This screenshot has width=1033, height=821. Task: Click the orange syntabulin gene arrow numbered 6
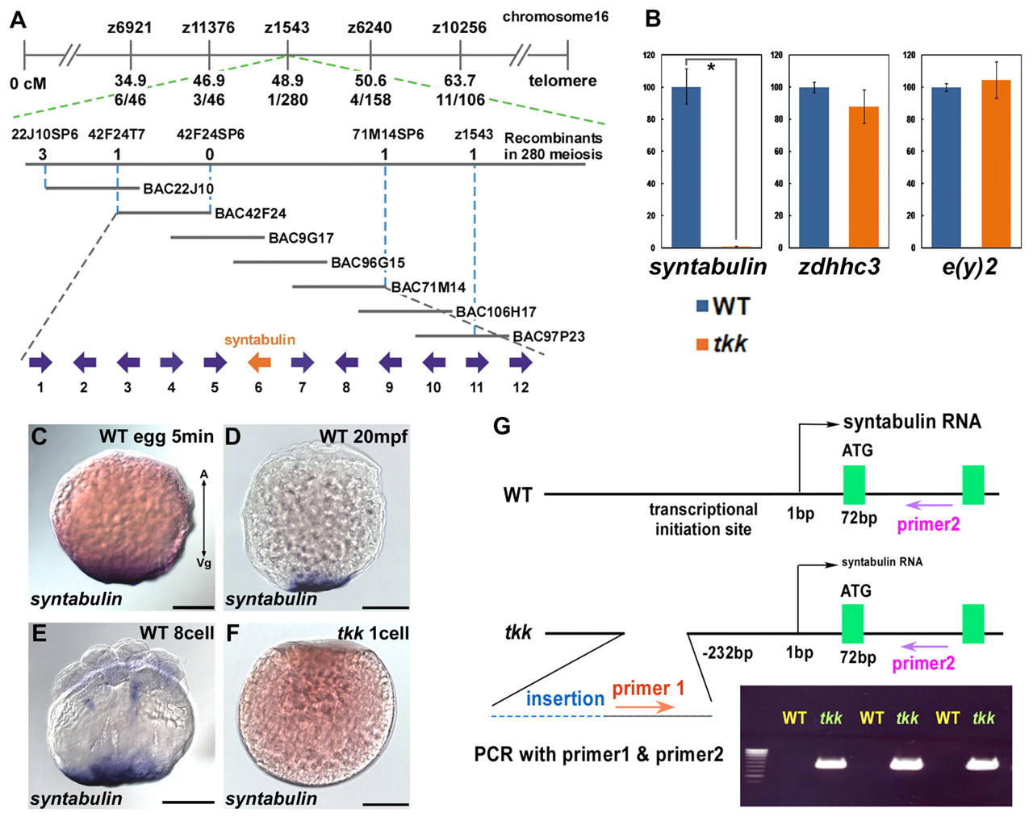[x=259, y=363]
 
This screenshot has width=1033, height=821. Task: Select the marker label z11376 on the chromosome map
[x=208, y=28]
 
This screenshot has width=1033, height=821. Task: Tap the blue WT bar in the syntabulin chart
[x=686, y=167]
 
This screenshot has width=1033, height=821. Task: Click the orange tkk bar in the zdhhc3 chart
[x=864, y=177]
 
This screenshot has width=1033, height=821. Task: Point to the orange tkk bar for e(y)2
[x=996, y=164]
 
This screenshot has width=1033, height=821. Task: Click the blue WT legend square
[x=702, y=306]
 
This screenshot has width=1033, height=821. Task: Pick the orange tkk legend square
[x=702, y=344]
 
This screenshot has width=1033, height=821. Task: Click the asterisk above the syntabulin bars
[x=711, y=67]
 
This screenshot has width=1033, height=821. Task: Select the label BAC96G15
[x=368, y=262]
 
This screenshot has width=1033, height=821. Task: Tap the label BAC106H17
[x=496, y=312]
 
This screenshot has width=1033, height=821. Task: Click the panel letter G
[x=502, y=426]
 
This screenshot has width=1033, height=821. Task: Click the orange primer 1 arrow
[x=645, y=706]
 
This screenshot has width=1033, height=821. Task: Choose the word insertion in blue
[x=565, y=698]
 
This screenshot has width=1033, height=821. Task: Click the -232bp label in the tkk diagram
[x=727, y=653]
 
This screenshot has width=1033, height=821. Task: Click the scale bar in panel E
[x=188, y=802]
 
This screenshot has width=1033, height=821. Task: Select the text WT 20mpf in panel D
[x=363, y=436]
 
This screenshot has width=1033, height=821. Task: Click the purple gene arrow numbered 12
[x=521, y=363]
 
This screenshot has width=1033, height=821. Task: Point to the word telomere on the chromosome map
[x=563, y=81]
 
